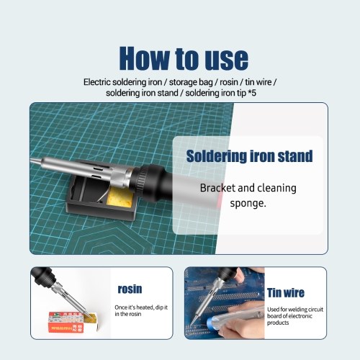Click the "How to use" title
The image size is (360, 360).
[x=184, y=58]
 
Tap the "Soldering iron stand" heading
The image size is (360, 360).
[x=250, y=156]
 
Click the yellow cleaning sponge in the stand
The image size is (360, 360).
[x=120, y=197]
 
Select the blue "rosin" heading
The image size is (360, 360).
[x=130, y=289]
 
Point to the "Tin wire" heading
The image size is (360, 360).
[x=286, y=292]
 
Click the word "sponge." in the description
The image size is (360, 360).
[x=248, y=204]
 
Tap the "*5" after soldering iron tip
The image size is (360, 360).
[x=252, y=93]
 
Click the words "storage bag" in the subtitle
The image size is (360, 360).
[x=191, y=82]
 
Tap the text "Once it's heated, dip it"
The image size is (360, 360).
[x=141, y=307]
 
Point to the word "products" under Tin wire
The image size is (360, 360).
[x=278, y=323]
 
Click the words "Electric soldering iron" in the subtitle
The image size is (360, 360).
[x=122, y=82]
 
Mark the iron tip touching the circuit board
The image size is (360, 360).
[x=191, y=325]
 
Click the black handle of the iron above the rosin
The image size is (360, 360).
[x=44, y=276]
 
